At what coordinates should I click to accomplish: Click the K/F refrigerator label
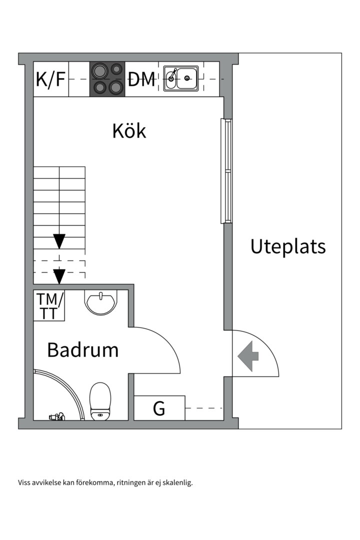(x=50, y=79)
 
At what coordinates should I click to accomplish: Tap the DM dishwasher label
(x=141, y=79)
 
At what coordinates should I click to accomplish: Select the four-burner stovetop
(x=107, y=79)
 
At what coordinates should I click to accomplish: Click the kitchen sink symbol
(x=181, y=78)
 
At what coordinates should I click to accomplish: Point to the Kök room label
(x=129, y=131)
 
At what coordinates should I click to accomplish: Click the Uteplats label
(x=288, y=247)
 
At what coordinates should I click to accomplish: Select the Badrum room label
(x=82, y=350)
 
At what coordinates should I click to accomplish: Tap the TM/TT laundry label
(x=49, y=306)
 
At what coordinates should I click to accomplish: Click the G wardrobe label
(x=159, y=408)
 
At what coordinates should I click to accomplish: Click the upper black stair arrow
(x=59, y=241)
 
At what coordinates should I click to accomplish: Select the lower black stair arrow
(x=59, y=275)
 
